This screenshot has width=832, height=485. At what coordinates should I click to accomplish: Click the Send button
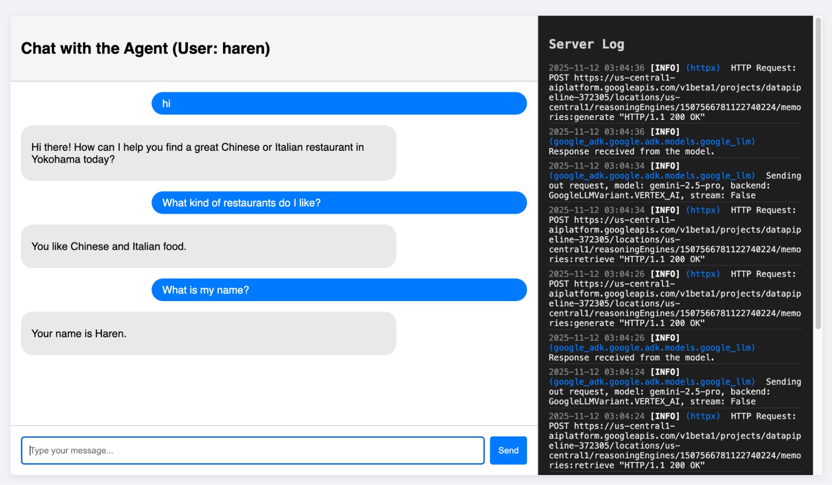coord(508,450)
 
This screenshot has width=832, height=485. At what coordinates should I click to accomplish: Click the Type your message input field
coord(253,450)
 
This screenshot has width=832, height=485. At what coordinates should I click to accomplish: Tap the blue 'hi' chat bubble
coord(339,103)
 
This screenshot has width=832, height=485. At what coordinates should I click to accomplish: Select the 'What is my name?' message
coord(339,290)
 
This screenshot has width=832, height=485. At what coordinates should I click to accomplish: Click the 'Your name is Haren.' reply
coord(209,333)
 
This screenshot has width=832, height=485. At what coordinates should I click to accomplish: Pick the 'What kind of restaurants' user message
coord(339,203)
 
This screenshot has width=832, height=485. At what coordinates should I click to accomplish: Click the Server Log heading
coord(586,44)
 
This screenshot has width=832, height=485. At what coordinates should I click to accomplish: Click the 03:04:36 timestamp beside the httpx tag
coord(624,68)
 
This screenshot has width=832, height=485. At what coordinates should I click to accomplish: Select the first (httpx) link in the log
coord(703,68)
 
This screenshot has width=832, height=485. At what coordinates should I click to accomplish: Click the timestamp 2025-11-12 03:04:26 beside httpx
coord(596,274)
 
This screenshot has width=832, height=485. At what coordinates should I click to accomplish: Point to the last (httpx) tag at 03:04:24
coord(703,416)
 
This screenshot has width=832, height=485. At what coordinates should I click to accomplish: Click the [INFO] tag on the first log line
coord(665,68)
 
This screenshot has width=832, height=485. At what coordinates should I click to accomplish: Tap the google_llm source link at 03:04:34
coord(652,176)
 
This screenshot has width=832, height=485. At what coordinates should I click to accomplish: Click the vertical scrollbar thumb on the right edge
coord(818,173)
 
